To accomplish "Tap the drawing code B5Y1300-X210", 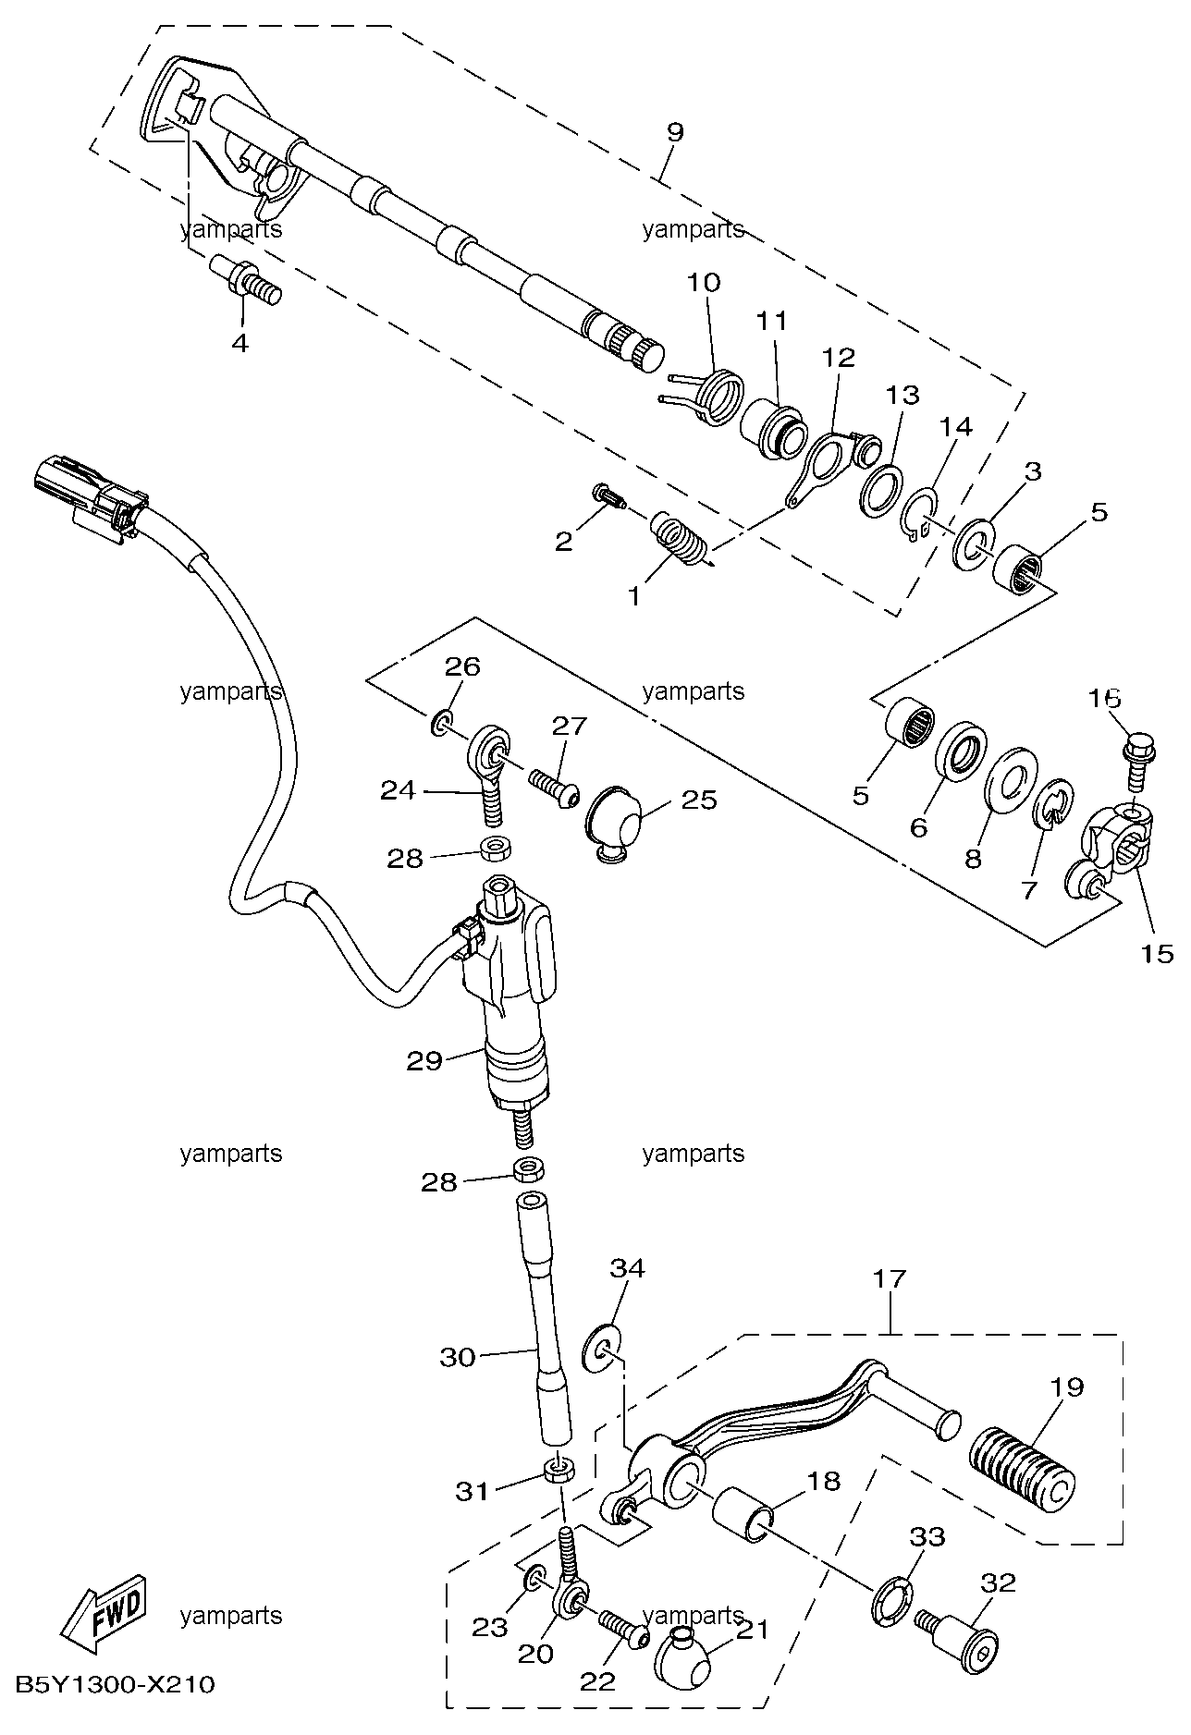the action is pos(115,1685).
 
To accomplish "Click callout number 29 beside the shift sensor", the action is pos(424,1061).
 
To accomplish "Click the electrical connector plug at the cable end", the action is pos(89,492).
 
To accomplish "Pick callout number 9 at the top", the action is pos(675,131).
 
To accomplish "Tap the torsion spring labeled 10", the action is pos(703,393).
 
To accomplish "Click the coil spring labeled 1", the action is pos(681,539).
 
